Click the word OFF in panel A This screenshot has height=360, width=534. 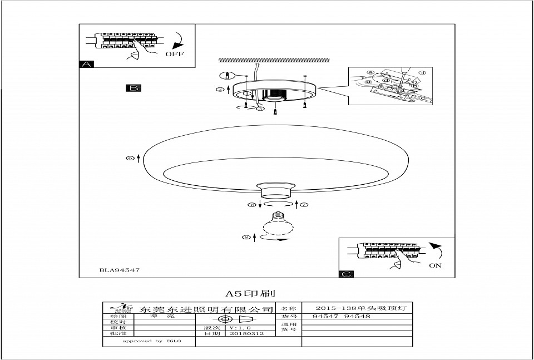(x=174, y=54)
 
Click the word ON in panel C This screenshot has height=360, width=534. (x=435, y=265)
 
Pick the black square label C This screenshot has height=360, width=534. (x=346, y=274)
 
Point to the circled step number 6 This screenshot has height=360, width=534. (x=130, y=159)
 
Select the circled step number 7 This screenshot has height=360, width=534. (x=304, y=205)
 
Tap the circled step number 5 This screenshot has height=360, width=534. (x=252, y=205)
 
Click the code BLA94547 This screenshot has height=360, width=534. (x=119, y=270)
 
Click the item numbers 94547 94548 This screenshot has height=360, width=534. (x=342, y=316)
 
